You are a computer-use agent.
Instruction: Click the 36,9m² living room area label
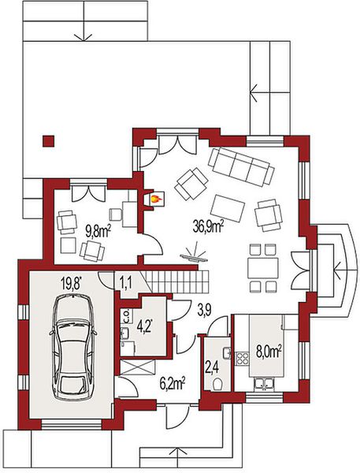[208, 226]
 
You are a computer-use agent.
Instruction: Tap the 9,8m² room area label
[98, 232]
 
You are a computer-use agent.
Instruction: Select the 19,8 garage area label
[72, 284]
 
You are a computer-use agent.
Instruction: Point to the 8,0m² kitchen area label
[269, 352]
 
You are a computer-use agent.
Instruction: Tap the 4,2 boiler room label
[144, 326]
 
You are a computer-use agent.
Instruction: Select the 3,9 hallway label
[204, 310]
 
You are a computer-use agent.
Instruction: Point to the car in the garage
[73, 347]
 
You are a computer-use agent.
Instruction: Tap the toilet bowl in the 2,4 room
[217, 385]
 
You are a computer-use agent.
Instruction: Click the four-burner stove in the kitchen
[242, 359]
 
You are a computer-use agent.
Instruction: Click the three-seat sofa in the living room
[241, 166]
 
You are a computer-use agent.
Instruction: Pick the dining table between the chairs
[263, 268]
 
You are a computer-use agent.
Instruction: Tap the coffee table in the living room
[228, 209]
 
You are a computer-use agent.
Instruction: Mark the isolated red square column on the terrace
[48, 141]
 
